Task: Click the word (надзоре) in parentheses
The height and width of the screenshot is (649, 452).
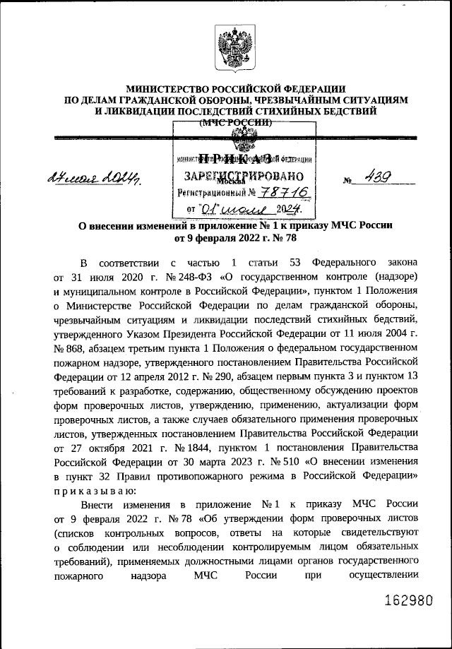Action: [392, 275]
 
